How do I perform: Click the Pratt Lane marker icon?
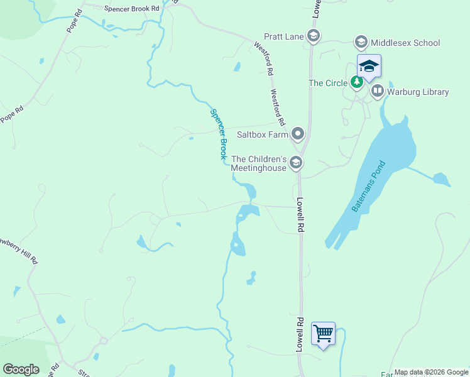coord(314,36)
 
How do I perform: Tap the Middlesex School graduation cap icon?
coord(361,43)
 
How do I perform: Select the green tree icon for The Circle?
coord(357,82)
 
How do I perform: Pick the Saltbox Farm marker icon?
coord(297,134)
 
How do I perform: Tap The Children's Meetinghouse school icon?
coord(295,163)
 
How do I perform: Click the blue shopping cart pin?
coord(323,334)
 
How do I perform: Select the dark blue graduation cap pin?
coord(369,66)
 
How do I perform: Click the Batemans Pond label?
coord(371,187)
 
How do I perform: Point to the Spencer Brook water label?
coord(217,133)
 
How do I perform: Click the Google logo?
coord(21,369)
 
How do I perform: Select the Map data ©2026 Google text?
coord(430,372)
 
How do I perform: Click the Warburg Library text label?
coord(417,92)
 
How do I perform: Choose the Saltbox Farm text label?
coord(262,134)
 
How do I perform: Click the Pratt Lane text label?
coord(284,36)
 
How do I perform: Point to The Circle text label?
coord(329,83)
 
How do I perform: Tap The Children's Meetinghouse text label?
coord(259,163)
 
